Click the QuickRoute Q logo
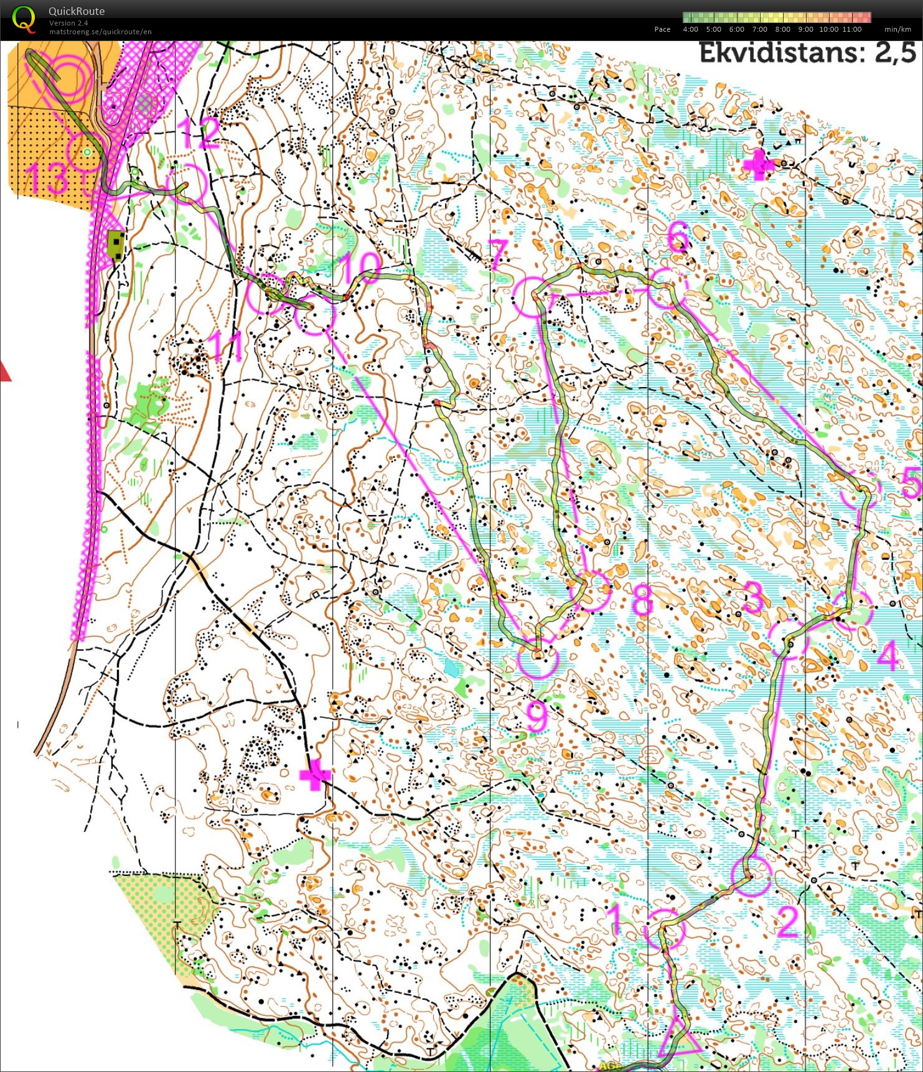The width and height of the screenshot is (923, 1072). pyautogui.click(x=24, y=19)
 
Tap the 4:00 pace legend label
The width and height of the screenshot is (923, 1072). pyautogui.click(x=690, y=29)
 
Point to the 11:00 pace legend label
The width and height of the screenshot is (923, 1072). pyautogui.click(x=852, y=29)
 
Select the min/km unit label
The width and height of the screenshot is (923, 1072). pyautogui.click(x=897, y=29)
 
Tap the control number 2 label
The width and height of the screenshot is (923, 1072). pyautogui.click(x=787, y=921)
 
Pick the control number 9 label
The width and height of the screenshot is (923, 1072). pyautogui.click(x=536, y=715)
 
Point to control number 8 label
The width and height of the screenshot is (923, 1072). pyautogui.click(x=642, y=599)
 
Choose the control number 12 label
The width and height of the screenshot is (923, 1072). pyautogui.click(x=199, y=133)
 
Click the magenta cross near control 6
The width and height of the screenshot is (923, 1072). pyautogui.click(x=759, y=164)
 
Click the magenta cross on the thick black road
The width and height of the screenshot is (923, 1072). pyautogui.click(x=315, y=775)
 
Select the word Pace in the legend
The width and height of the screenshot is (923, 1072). pyautogui.click(x=662, y=29)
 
